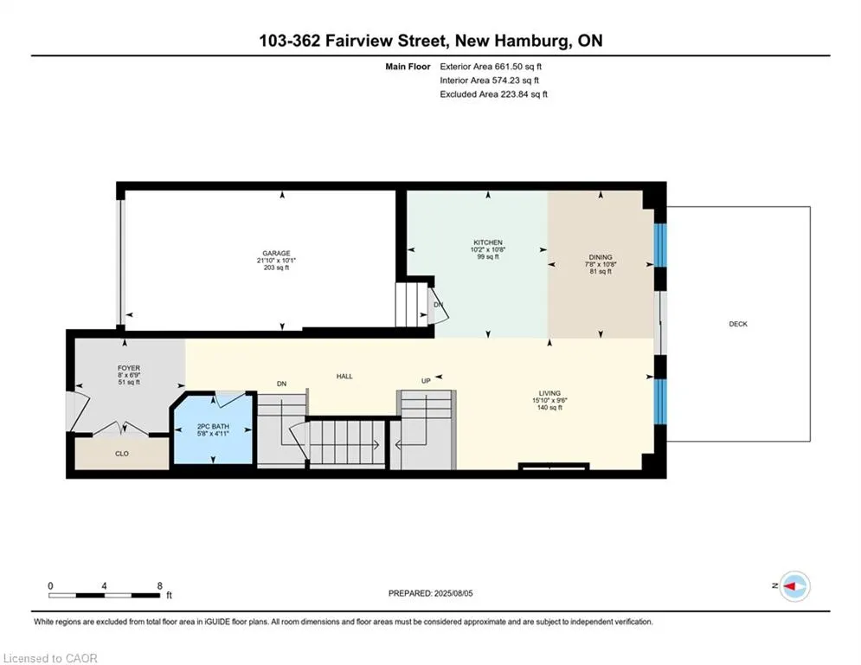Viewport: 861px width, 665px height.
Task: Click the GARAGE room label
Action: pyautogui.click(x=276, y=254)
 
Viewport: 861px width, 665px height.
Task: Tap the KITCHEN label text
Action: pyautogui.click(x=488, y=242)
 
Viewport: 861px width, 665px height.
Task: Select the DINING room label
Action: pyautogui.click(x=601, y=257)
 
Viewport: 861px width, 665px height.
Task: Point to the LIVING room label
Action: pyautogui.click(x=549, y=393)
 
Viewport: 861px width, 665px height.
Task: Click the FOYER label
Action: pyautogui.click(x=129, y=368)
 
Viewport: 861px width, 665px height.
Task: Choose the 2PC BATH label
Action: pyautogui.click(x=213, y=427)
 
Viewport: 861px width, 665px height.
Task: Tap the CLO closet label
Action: pyautogui.click(x=122, y=454)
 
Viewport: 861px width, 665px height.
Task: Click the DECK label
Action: pyautogui.click(x=738, y=324)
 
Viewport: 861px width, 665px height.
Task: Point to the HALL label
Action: pyautogui.click(x=344, y=377)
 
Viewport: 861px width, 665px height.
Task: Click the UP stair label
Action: pyautogui.click(x=426, y=381)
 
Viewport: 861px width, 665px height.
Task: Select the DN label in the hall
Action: pyautogui.click(x=282, y=384)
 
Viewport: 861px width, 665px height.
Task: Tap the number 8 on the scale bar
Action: pyautogui.click(x=160, y=586)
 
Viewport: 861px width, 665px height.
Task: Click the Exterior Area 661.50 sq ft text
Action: pyautogui.click(x=491, y=67)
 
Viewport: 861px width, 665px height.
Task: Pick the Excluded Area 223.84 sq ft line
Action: pyautogui.click(x=493, y=94)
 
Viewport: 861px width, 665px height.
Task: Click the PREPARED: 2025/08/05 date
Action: pyautogui.click(x=431, y=593)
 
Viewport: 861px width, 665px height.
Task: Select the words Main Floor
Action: pyautogui.click(x=408, y=67)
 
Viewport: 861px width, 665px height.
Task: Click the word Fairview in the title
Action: pyautogui.click(x=359, y=41)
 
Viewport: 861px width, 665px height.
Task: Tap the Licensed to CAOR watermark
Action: pyautogui.click(x=50, y=658)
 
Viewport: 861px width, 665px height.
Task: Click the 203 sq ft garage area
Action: pyautogui.click(x=276, y=268)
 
